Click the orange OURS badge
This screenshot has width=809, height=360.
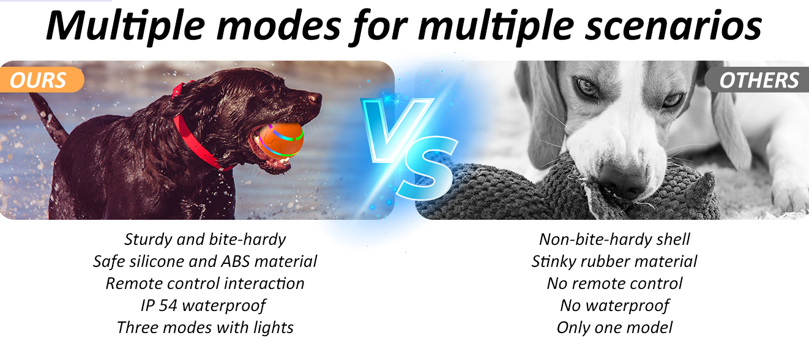pos(42,80)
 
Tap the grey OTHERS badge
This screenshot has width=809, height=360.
pos(758,80)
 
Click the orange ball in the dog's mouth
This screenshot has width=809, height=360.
pos(281,141)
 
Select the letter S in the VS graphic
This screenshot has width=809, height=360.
pos(428,168)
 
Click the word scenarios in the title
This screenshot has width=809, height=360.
pos(673,26)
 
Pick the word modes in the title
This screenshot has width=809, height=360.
pos(278,26)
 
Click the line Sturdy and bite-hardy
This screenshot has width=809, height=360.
pos(205,239)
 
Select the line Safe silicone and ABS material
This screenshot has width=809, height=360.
pos(205,261)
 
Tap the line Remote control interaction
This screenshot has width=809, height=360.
pos(205,283)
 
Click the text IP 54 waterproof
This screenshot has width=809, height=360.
pos(203,306)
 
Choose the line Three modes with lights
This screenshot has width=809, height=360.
pos(205,328)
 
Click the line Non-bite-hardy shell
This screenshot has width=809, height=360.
pos(614,239)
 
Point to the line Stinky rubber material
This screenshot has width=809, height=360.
pos(614,261)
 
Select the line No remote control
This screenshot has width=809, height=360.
pos(614,283)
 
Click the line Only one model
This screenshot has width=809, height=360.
pos(614,328)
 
